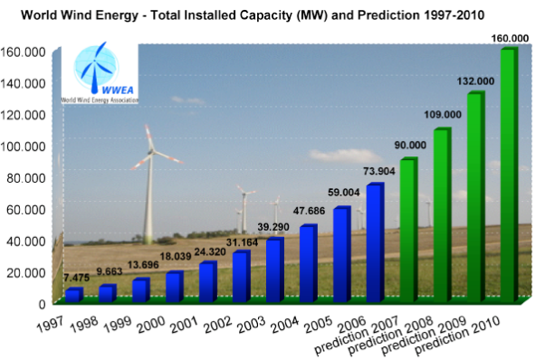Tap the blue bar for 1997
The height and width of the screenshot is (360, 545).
[72, 295]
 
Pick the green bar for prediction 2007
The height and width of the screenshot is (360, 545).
[407, 230]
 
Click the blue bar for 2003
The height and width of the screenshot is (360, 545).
[273, 270]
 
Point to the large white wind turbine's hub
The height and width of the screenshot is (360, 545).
[148, 151]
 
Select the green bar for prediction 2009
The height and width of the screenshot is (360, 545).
[474, 195]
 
